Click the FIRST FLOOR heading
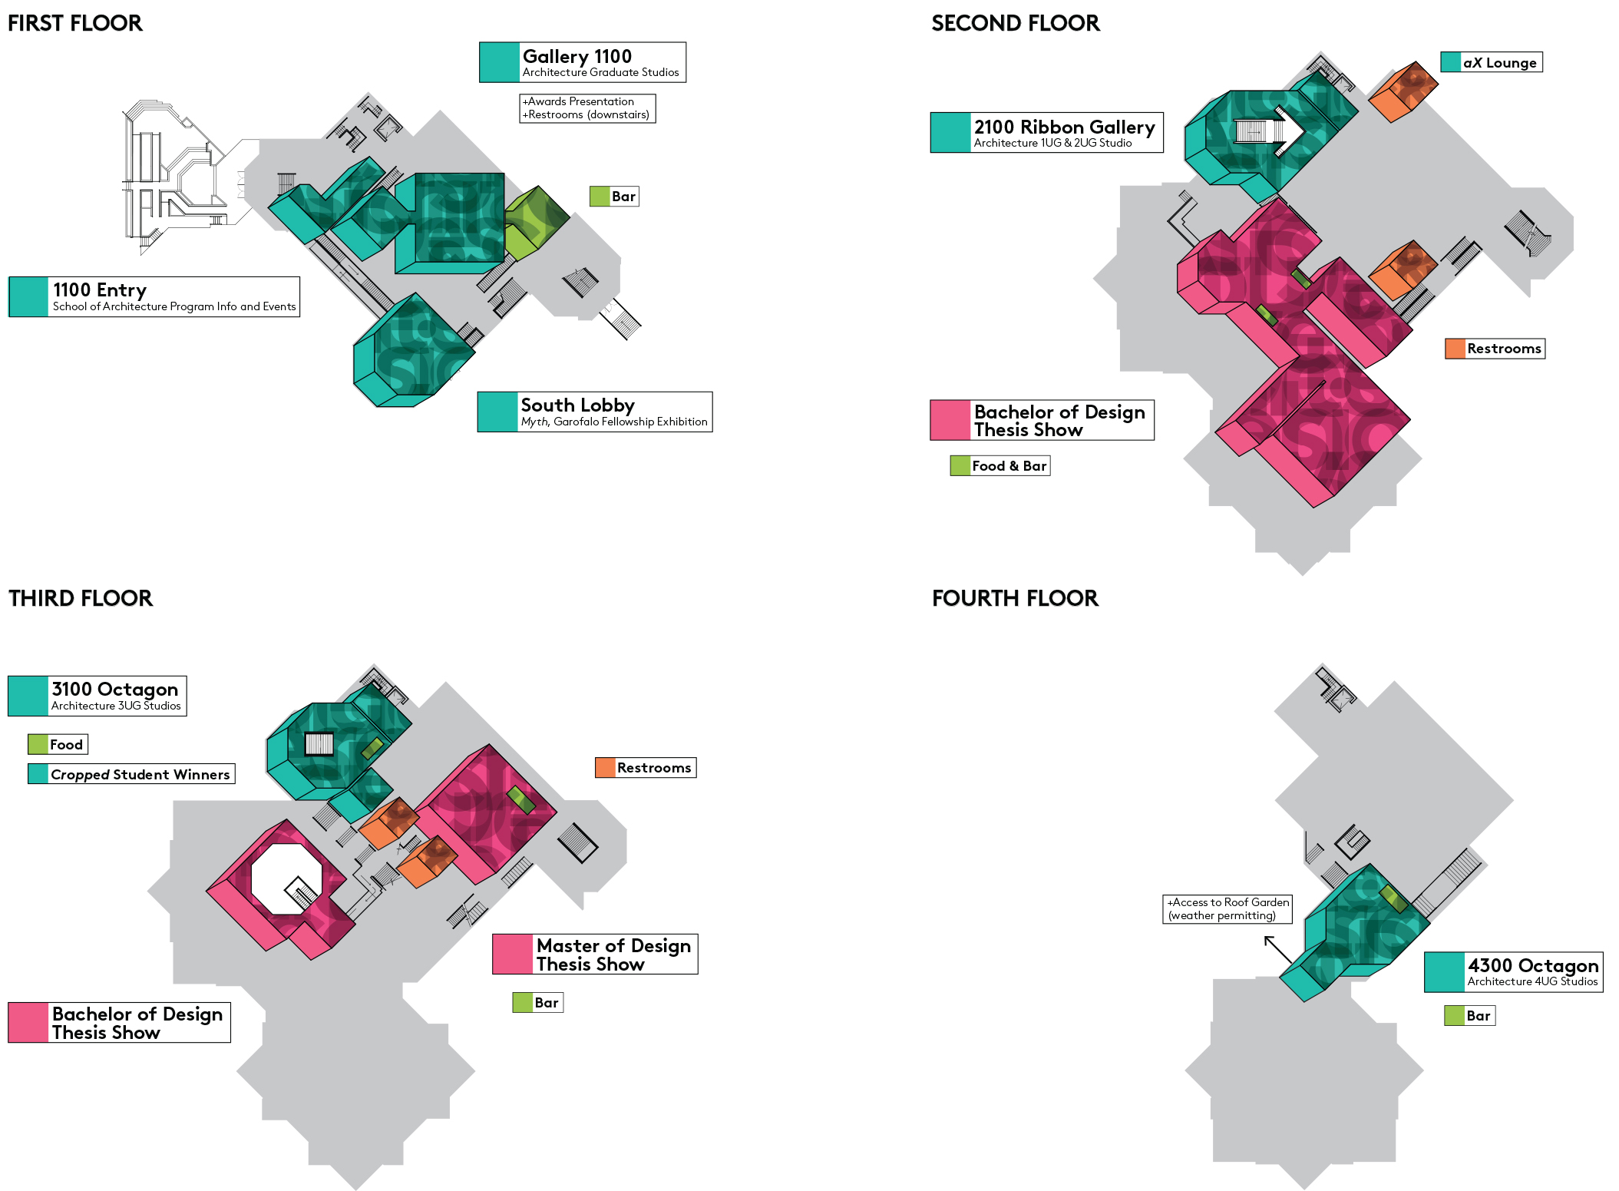(x=74, y=23)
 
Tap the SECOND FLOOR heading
(x=1015, y=23)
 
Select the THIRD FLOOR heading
(x=81, y=598)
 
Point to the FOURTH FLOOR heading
(x=1015, y=598)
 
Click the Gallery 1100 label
(x=583, y=62)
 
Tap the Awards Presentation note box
(x=587, y=108)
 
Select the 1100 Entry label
(x=154, y=297)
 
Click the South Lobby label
(x=595, y=412)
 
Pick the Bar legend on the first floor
(x=614, y=197)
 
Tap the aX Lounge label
(x=1492, y=62)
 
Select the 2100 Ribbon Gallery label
(x=1046, y=133)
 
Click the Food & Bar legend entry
(x=1000, y=466)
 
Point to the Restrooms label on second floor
(x=1495, y=349)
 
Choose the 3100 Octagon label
(x=97, y=696)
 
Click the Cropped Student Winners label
(x=131, y=774)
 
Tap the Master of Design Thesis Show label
(x=595, y=954)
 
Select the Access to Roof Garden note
(x=1227, y=909)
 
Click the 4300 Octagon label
(x=1513, y=972)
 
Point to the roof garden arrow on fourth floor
(x=1277, y=950)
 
